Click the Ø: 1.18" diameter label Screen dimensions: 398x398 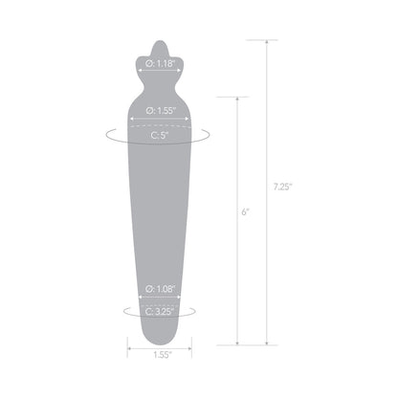coord(161,63)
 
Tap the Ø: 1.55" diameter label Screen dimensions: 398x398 coord(161,111)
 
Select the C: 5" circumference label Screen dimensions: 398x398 coord(161,135)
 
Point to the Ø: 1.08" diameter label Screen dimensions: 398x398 coord(161,288)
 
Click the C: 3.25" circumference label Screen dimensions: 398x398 coord(161,311)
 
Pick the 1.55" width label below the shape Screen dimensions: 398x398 coord(161,355)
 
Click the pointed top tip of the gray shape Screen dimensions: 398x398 coord(161,41)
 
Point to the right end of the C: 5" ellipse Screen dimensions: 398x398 coord(214,135)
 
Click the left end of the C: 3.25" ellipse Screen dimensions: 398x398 coord(123,311)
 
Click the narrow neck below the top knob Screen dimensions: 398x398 coord(161,85)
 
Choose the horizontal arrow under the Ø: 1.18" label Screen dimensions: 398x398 coord(161,72)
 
